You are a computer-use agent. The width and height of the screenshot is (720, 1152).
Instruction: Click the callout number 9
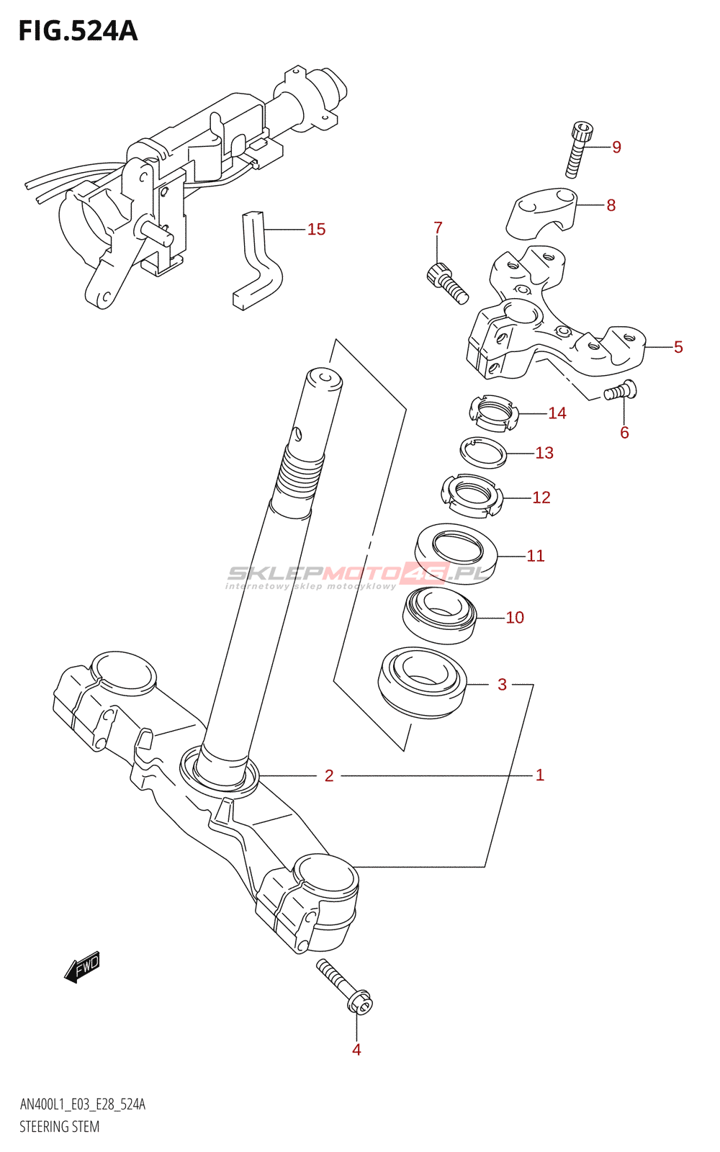tap(616, 147)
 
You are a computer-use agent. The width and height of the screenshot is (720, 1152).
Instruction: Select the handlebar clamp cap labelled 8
tap(542, 210)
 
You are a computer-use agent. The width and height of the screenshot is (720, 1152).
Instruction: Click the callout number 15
tap(316, 229)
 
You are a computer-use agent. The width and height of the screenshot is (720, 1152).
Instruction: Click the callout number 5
tap(678, 347)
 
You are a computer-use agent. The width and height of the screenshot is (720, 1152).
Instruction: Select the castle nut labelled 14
tap(493, 413)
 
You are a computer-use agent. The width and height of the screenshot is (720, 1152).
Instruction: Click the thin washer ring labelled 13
tap(483, 453)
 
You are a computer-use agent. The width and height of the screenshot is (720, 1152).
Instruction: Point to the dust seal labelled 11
tap(456, 552)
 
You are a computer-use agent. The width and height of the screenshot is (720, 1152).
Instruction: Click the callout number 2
tap(329, 775)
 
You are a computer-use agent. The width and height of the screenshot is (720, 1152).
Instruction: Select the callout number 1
tap(539, 775)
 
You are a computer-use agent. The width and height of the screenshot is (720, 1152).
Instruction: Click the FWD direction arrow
tap(82, 966)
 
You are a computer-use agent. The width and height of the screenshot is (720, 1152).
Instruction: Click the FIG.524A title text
tap(78, 31)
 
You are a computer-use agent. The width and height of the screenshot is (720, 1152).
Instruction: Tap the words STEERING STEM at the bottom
tap(60, 1127)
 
